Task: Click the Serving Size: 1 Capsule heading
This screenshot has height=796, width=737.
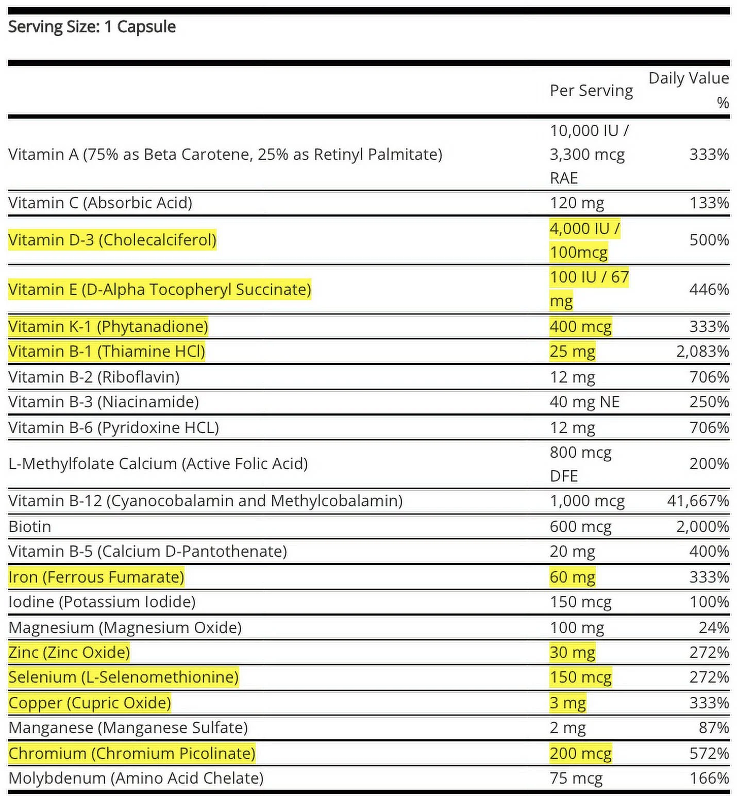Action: click(92, 27)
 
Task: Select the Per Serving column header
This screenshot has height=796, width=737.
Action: click(591, 91)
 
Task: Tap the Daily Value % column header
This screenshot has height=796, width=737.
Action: click(689, 90)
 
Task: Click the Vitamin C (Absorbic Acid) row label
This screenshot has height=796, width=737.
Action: click(100, 203)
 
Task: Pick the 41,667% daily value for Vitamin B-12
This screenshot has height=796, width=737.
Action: click(698, 501)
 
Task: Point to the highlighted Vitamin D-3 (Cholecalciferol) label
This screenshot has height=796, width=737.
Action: click(112, 240)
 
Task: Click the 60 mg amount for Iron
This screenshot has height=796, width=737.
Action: click(572, 577)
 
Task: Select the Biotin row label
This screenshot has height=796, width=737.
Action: click(30, 526)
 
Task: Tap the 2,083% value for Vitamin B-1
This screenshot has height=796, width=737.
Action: click(702, 351)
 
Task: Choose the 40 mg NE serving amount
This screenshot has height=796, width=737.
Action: click(584, 402)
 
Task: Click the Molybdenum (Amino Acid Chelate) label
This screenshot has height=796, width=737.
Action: click(136, 778)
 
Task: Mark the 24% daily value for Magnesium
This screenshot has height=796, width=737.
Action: click(713, 627)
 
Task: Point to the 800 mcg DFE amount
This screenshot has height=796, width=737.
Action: click(580, 463)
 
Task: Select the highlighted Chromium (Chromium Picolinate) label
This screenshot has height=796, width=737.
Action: click(132, 753)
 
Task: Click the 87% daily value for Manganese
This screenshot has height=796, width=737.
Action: click(713, 727)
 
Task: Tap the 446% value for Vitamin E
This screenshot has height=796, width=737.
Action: click(709, 289)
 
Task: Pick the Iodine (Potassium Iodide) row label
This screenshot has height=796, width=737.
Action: click(102, 602)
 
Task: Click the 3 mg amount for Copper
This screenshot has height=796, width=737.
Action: click(567, 703)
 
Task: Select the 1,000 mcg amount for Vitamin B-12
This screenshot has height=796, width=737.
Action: click(587, 501)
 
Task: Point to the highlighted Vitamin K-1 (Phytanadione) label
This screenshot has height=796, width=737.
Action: click(108, 326)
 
